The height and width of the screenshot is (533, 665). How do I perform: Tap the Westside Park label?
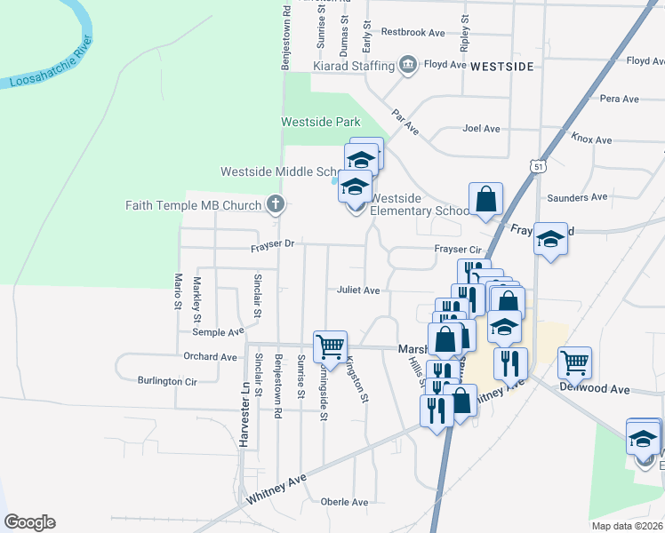[321, 121]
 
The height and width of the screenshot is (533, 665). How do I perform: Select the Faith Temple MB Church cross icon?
[276, 205]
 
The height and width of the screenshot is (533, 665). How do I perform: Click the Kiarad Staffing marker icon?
[408, 65]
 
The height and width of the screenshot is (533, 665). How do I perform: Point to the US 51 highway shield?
[539, 166]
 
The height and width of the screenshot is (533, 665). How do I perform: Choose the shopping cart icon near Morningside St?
[330, 346]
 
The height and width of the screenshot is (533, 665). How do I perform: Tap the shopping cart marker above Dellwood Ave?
[575, 362]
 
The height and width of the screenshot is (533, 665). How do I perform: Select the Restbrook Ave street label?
[413, 32]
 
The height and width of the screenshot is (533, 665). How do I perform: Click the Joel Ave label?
[481, 128]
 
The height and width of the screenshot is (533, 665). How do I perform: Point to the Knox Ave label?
[591, 139]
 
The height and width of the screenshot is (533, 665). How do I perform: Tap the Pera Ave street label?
[620, 99]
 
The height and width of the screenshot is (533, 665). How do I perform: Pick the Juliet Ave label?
[358, 290]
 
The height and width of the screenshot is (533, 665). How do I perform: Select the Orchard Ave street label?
[211, 357]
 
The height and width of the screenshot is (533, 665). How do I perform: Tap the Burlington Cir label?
[166, 381]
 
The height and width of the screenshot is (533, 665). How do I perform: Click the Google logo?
[29, 522]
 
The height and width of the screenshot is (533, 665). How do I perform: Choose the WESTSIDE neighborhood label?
[501, 66]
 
